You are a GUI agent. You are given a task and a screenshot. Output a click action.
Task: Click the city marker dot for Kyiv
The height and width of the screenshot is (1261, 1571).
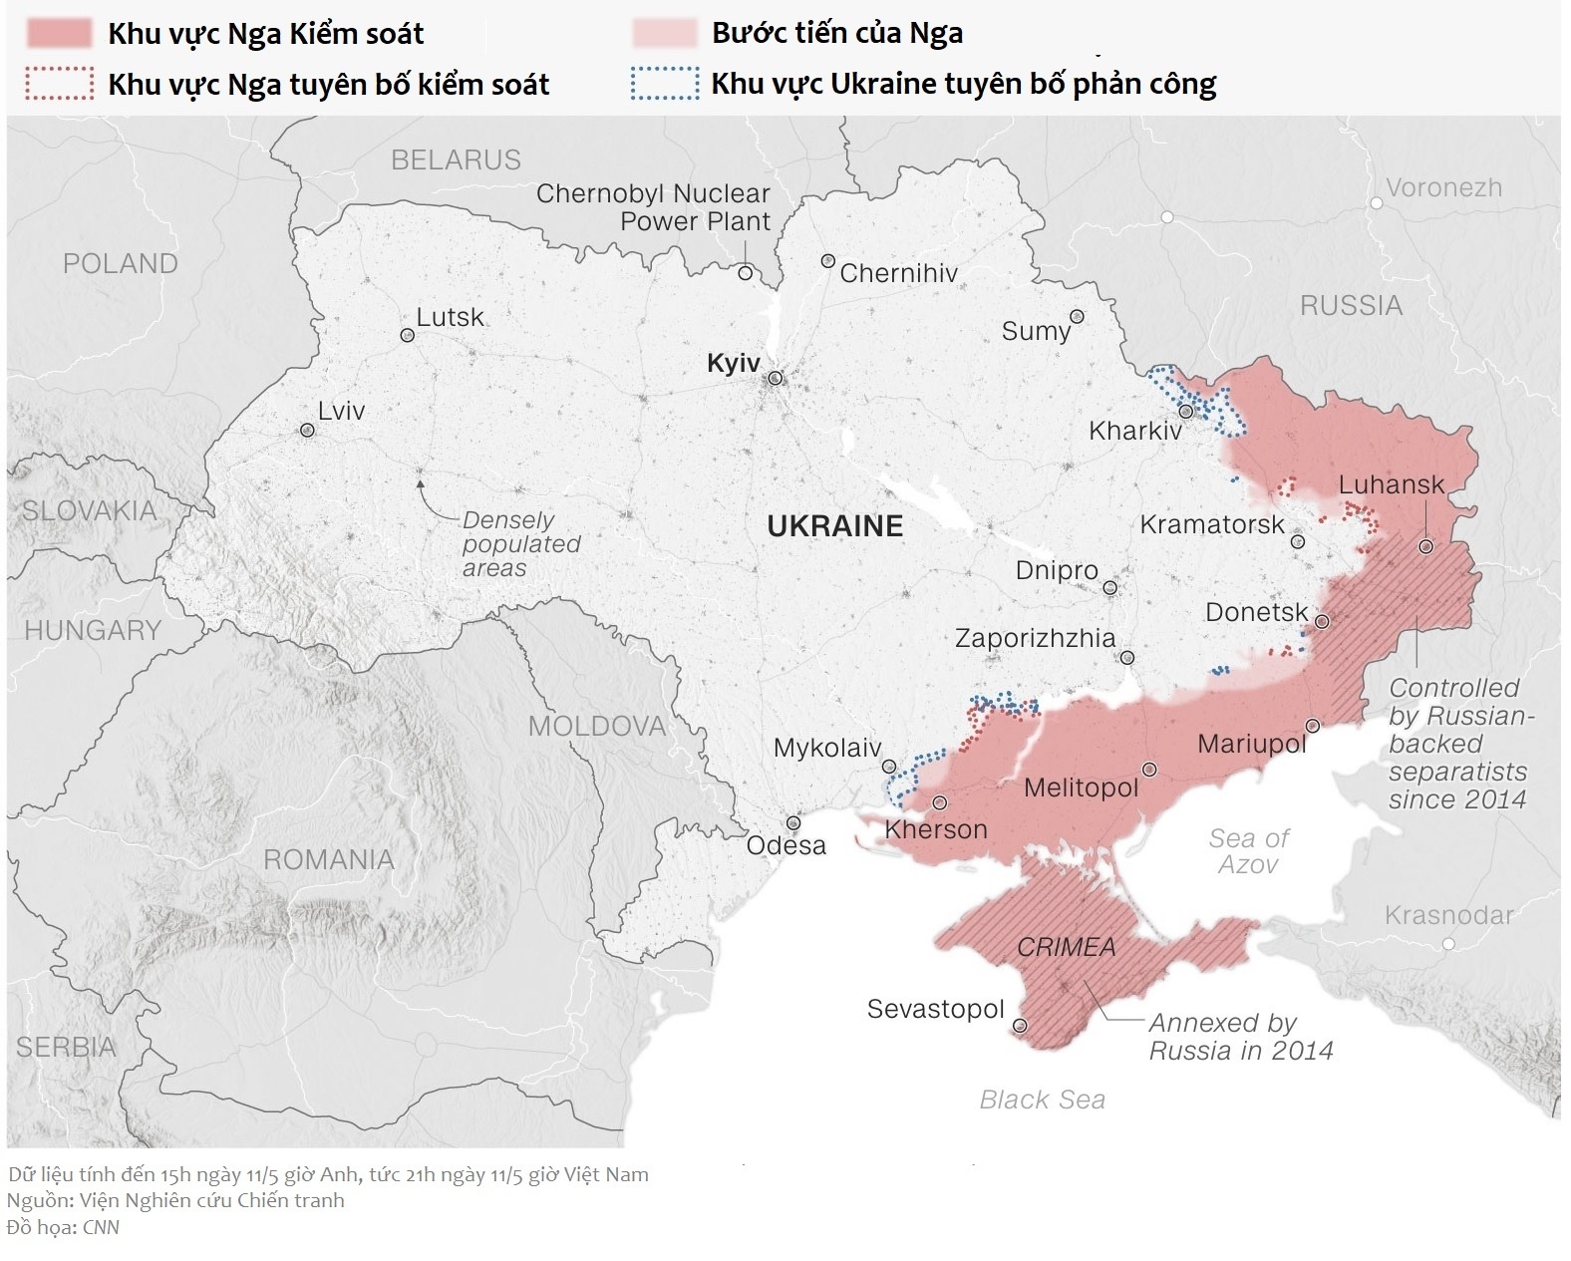click(775, 379)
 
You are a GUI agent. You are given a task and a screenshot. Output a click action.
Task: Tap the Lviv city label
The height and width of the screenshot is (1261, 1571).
click(341, 411)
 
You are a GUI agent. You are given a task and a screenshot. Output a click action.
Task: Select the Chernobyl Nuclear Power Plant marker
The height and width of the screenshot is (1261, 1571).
click(745, 273)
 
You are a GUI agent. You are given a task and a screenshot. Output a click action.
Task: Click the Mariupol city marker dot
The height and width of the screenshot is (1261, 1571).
click(1312, 726)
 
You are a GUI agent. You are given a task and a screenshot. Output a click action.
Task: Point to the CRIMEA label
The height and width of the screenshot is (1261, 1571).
click(1066, 947)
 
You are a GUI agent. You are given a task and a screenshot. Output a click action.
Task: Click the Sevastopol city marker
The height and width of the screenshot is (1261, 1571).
click(1020, 1025)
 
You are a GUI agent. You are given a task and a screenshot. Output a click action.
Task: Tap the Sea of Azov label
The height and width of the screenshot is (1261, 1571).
click(1248, 851)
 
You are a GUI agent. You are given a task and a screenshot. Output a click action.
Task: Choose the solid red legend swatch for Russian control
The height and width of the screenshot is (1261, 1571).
click(60, 33)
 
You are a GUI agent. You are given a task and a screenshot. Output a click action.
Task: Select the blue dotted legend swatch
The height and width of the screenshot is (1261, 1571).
click(665, 84)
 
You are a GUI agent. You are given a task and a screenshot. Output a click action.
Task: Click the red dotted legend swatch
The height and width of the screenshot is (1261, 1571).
click(60, 84)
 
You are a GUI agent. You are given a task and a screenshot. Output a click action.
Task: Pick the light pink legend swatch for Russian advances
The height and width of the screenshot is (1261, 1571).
click(665, 33)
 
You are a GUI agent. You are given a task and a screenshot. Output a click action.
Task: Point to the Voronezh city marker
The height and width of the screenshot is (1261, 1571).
click(1376, 202)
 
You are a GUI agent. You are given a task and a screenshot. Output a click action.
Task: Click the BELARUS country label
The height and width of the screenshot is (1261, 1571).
click(456, 159)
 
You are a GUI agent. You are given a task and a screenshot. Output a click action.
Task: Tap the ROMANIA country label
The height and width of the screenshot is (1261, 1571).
click(328, 859)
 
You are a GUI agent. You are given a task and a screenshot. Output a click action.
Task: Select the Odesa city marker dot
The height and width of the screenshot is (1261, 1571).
click(792, 823)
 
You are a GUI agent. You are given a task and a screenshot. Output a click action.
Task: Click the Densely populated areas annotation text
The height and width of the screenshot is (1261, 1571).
click(520, 544)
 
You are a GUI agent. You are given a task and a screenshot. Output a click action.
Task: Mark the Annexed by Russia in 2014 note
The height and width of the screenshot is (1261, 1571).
click(1240, 1037)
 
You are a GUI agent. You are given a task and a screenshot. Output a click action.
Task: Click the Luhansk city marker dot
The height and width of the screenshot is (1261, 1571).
click(1425, 546)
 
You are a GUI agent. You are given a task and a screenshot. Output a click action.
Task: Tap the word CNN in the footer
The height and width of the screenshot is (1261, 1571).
click(101, 1227)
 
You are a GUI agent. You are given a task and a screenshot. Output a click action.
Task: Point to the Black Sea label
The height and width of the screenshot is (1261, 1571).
click(1042, 1100)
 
